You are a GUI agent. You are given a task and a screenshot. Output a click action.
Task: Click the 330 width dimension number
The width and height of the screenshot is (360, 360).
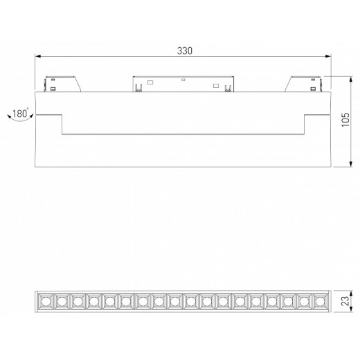[184, 51]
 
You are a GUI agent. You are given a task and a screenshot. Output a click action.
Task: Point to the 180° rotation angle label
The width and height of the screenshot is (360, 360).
[19, 113]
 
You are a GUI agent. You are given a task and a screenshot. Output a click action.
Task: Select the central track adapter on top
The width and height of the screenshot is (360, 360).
[183, 83]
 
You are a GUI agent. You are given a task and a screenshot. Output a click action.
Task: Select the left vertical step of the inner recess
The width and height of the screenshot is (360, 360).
[64, 125]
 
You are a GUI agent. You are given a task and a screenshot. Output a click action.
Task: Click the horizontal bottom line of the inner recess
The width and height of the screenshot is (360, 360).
[183, 134]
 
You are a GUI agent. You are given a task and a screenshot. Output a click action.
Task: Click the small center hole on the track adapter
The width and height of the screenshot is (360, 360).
[183, 80]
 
